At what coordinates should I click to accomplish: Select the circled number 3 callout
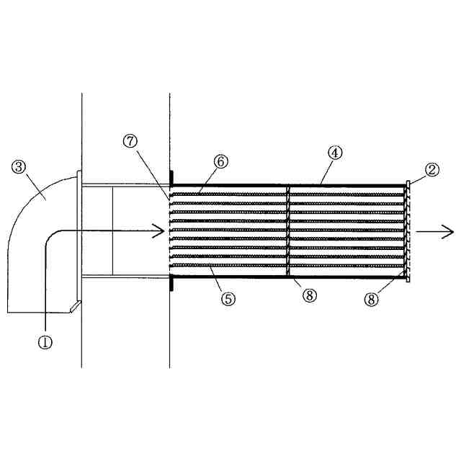[x=19, y=167]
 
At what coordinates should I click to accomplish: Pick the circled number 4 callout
[x=334, y=153]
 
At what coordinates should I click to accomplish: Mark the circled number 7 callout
[x=130, y=141]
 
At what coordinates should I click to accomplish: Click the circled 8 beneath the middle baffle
[x=310, y=295]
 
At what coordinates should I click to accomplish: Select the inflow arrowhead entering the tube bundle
[x=161, y=231]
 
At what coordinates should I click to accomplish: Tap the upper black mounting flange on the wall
[x=171, y=177]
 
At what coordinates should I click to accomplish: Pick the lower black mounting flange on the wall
[x=171, y=284]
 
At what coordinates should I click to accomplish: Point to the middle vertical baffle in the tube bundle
[x=288, y=230]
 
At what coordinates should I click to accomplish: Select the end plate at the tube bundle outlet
[x=408, y=230]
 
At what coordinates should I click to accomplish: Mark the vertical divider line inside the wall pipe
[x=112, y=230]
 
